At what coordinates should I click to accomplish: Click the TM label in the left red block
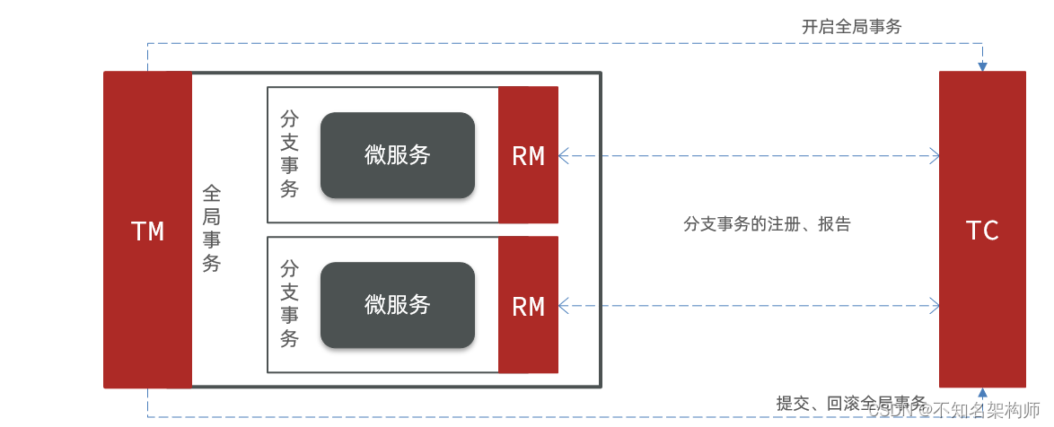(148, 231)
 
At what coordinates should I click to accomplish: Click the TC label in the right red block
(982, 231)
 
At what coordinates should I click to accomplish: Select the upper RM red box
(528, 155)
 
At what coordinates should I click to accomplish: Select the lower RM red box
(528, 306)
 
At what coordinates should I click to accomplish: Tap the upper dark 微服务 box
(397, 155)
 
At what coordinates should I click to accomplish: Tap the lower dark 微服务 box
(397, 305)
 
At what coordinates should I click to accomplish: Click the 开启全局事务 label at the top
(851, 27)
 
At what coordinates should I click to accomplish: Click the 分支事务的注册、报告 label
(767, 224)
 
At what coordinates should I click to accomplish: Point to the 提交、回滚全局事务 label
(851, 403)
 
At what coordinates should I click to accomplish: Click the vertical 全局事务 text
(211, 229)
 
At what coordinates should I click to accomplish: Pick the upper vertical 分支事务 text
(289, 154)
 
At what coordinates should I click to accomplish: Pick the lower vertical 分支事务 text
(289, 304)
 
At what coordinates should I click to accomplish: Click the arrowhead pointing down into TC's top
(982, 66)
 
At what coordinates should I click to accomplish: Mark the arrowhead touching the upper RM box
(564, 156)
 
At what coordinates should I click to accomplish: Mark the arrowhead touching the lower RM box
(564, 306)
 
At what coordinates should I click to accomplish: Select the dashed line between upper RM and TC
(745, 156)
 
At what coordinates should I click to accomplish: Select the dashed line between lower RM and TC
(745, 306)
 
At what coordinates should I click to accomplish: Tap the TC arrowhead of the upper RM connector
(935, 156)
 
